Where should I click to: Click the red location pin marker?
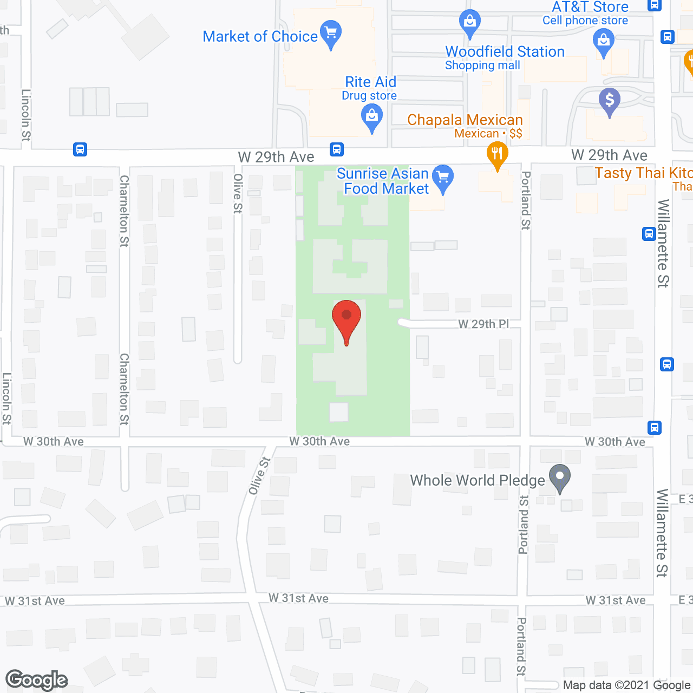(346, 317)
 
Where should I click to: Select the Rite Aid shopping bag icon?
(372, 116)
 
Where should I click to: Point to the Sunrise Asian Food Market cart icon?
(443, 176)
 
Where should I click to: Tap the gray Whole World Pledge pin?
(560, 476)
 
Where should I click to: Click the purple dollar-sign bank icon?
(610, 100)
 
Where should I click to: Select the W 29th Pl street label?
(483, 324)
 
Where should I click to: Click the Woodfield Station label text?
(505, 52)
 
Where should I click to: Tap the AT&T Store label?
(590, 8)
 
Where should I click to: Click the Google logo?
(37, 680)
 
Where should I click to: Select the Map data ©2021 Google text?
(627, 685)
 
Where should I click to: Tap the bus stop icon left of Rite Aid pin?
(337, 149)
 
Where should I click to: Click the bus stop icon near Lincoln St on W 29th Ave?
(80, 149)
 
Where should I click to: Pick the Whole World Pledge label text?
(478, 480)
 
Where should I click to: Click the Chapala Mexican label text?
(465, 120)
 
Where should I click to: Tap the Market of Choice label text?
(260, 36)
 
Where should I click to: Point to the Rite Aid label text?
(370, 82)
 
